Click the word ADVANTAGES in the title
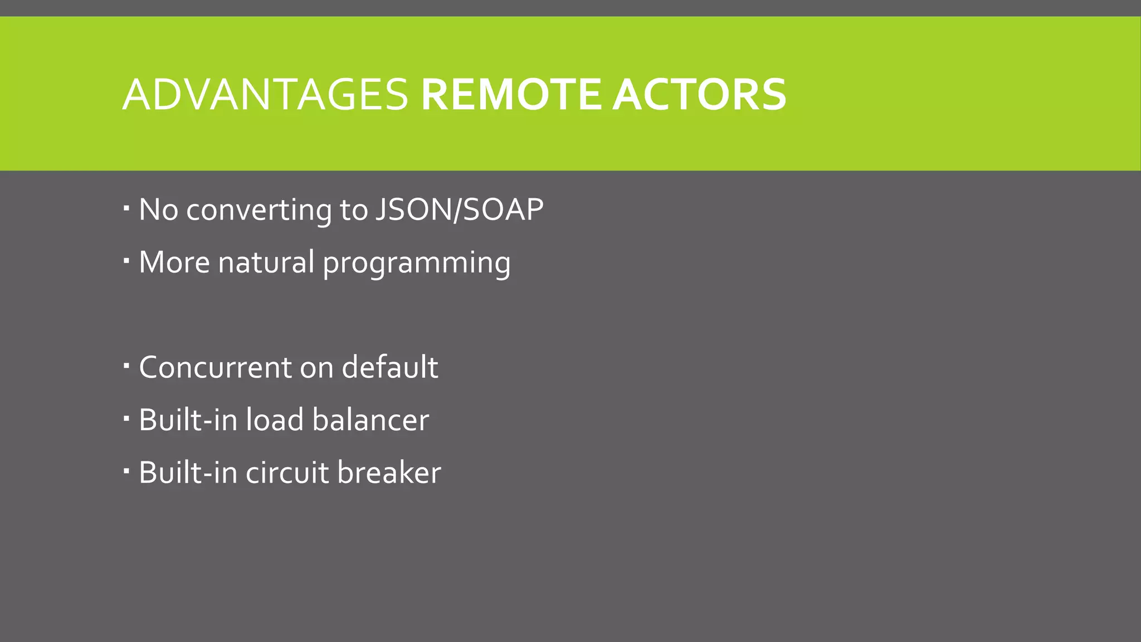click(x=265, y=94)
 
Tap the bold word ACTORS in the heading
click(x=699, y=94)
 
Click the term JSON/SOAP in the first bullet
click(x=459, y=210)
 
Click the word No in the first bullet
click(x=158, y=210)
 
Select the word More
click(x=174, y=262)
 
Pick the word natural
click(x=266, y=262)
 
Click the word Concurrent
click(x=215, y=368)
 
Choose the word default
click(x=389, y=368)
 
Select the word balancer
click(x=370, y=420)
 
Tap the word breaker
click(x=389, y=473)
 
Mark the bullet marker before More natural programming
click(x=126, y=260)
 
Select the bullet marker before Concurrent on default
click(x=126, y=366)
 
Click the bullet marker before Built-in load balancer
click(x=126, y=418)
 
